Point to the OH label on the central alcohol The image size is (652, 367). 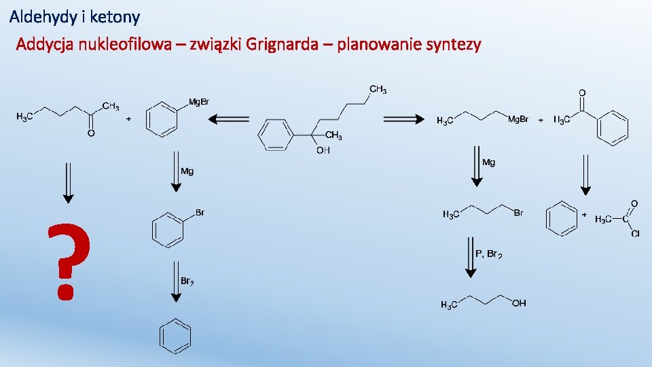coord(323,150)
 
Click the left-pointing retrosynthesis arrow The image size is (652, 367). coord(228,120)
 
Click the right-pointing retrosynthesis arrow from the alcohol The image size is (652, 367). coord(404,120)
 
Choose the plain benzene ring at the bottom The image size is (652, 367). coord(175,336)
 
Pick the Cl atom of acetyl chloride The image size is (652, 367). coord(635,234)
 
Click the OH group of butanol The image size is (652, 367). coord(519,303)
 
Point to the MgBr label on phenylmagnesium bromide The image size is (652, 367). coord(198,102)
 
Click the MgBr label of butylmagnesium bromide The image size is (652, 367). coord(518,120)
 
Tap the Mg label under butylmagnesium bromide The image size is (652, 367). coord(488,162)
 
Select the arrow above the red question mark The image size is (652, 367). coord(67,181)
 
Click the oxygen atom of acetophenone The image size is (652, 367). coord(582,92)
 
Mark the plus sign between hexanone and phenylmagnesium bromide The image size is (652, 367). coord(129,118)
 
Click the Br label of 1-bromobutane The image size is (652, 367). coord(518,213)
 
